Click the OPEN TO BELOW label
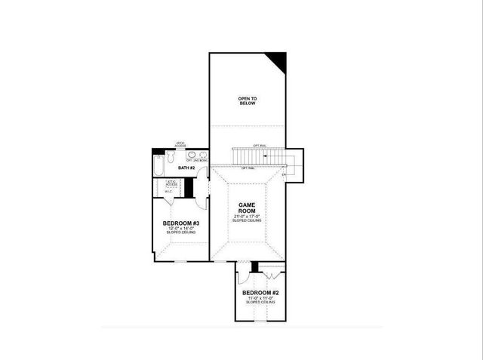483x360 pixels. pyautogui.click(x=247, y=100)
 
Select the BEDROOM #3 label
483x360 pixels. pyautogui.click(x=181, y=223)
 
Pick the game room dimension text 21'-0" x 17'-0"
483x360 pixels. pyautogui.click(x=248, y=216)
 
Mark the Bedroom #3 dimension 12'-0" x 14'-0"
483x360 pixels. pyautogui.click(x=181, y=229)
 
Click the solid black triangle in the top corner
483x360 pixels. pyautogui.click(x=278, y=60)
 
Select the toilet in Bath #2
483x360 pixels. pyautogui.click(x=172, y=158)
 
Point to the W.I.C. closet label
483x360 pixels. pyautogui.click(x=168, y=192)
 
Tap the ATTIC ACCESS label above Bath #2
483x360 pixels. pyautogui.click(x=180, y=145)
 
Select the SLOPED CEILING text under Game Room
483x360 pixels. pyautogui.click(x=248, y=220)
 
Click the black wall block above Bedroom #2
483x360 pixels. pyautogui.click(x=255, y=266)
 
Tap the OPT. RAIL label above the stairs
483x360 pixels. pyautogui.click(x=260, y=146)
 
